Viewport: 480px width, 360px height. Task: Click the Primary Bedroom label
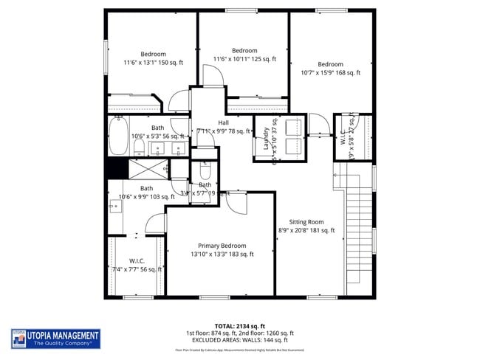222,246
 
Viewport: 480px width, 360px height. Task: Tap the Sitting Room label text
306,221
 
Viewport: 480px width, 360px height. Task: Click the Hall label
223,122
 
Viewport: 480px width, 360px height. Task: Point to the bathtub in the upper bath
118,136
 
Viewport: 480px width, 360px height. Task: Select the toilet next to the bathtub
139,148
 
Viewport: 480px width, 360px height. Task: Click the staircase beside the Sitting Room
359,229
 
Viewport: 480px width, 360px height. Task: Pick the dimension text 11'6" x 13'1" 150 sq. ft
153,63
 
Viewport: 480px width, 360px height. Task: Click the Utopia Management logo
56,339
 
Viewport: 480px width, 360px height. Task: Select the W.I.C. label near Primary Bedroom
137,261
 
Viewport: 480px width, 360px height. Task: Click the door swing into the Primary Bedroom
236,201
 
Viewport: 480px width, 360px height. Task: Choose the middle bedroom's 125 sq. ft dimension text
244,59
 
